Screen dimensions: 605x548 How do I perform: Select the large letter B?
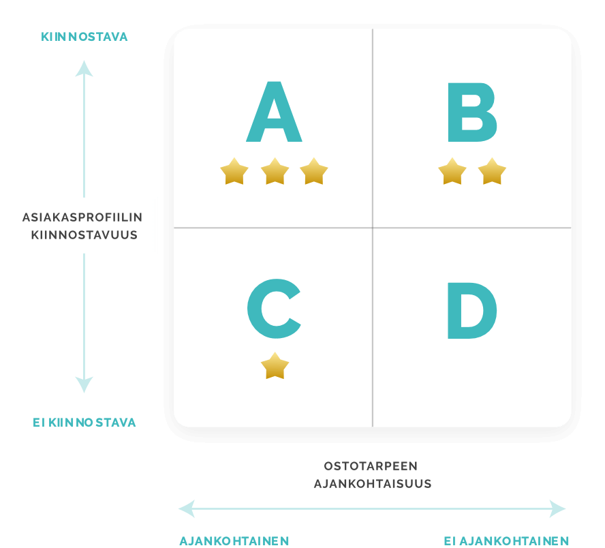click(x=472, y=112)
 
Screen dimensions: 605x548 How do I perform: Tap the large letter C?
click(x=274, y=308)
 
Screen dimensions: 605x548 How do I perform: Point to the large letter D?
click(x=472, y=311)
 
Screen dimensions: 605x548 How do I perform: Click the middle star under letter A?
click(x=275, y=171)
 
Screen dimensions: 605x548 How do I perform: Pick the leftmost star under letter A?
click(x=234, y=171)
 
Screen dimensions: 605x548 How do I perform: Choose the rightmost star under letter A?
click(x=313, y=171)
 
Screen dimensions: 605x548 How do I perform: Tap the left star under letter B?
click(x=452, y=171)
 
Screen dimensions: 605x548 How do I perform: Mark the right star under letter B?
click(x=492, y=171)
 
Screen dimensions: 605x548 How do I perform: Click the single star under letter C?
click(x=275, y=366)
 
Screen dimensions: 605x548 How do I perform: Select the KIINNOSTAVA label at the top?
click(x=84, y=37)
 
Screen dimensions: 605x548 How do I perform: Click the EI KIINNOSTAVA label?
click(x=84, y=423)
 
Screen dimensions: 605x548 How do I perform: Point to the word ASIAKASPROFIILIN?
click(x=82, y=217)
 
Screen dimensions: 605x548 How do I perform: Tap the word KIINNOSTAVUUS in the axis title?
click(x=84, y=235)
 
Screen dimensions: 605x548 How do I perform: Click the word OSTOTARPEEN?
click(x=371, y=466)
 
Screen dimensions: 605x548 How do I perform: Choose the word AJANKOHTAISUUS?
click(x=373, y=484)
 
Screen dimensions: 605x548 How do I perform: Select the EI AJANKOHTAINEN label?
click(x=506, y=541)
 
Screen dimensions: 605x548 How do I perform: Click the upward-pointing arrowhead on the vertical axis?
click(x=84, y=68)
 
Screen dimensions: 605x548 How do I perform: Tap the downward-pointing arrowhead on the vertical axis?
click(x=84, y=384)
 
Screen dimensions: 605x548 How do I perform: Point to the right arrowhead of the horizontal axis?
click(x=558, y=508)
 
